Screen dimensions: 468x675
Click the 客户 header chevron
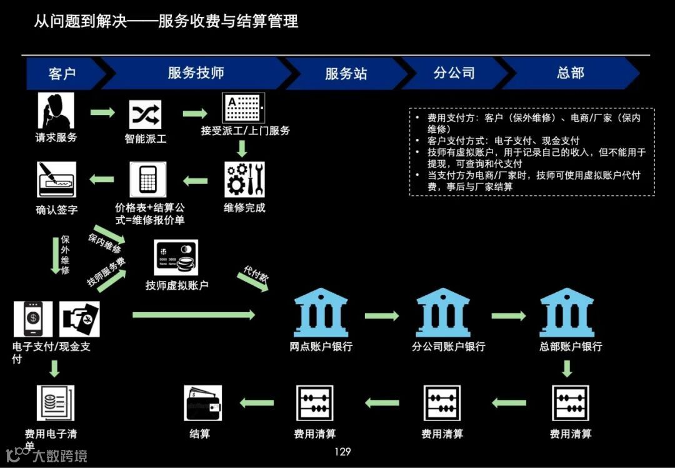coord(62,73)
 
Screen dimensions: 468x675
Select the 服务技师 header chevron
coord(196,73)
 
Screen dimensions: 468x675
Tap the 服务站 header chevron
coord(346,73)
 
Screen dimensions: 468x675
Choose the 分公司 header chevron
coord(454,73)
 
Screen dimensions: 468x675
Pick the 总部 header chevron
coord(570,73)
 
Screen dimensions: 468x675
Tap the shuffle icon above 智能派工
coord(145,114)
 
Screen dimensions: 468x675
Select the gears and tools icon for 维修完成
coord(244,180)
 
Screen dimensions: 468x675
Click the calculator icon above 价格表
coord(148,180)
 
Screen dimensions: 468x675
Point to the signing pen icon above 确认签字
coord(56,180)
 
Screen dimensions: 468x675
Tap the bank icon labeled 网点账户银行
coord(321,312)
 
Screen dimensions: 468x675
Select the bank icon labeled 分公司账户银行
coord(442,312)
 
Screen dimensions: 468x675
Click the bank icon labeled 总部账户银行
coord(566,312)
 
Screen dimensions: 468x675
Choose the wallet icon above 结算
coord(203,403)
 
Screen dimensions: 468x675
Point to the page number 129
coord(342,452)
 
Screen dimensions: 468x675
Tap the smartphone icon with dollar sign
coord(33,318)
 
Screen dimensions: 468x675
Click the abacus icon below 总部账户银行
coord(571,403)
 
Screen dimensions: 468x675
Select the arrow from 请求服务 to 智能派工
coord(102,113)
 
